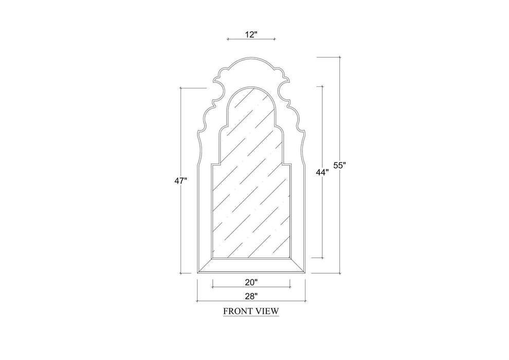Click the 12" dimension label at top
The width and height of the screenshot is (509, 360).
pyautogui.click(x=251, y=34)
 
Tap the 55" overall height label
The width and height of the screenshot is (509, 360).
pyautogui.click(x=340, y=165)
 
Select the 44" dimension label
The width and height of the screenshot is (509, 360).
pyautogui.click(x=322, y=172)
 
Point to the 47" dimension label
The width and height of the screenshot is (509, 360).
pyautogui.click(x=181, y=181)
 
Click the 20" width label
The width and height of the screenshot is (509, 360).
pyautogui.click(x=251, y=282)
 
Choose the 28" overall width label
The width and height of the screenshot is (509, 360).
pyautogui.click(x=251, y=296)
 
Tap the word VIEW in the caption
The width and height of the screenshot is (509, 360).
pyautogui.click(x=267, y=311)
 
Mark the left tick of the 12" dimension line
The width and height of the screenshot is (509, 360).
pyautogui.click(x=228, y=39)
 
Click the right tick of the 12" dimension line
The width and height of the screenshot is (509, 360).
pyautogui.click(x=275, y=39)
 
